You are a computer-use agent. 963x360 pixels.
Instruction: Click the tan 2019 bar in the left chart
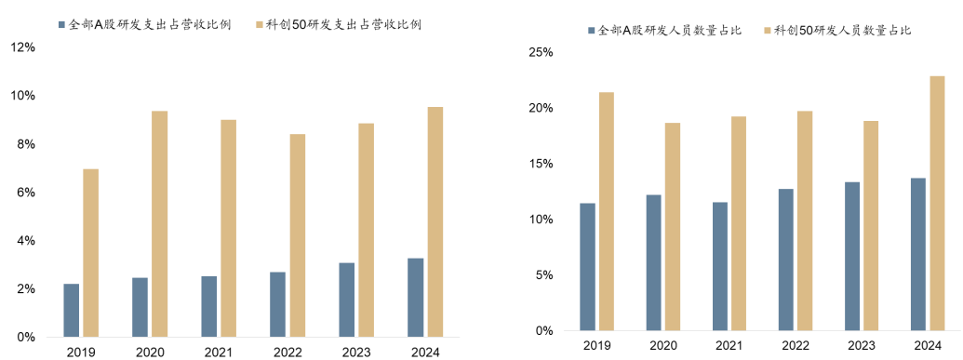tap(91, 253)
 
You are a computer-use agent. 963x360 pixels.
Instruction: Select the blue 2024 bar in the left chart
tap(416, 298)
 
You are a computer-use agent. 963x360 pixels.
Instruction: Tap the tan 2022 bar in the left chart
tap(297, 236)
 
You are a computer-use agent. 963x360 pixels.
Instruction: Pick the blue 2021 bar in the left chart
tap(208, 307)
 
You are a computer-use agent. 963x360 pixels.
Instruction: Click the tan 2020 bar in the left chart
tap(160, 224)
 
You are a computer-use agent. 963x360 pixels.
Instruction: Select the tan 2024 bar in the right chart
tap(937, 204)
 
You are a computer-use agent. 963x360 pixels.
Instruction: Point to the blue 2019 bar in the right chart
tap(587, 267)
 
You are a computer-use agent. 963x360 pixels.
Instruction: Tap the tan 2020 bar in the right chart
tap(673, 227)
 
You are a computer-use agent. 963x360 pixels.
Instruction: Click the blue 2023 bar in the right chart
tap(852, 257)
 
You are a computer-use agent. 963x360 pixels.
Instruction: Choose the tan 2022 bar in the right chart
tap(805, 221)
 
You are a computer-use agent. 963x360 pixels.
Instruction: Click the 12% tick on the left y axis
tap(22, 47)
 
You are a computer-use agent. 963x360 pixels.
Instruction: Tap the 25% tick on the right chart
tap(541, 53)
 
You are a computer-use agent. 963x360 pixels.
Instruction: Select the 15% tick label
tap(541, 164)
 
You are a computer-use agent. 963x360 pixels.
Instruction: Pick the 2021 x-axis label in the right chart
tap(729, 347)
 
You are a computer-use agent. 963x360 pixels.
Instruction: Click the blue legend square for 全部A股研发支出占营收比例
tap(60, 24)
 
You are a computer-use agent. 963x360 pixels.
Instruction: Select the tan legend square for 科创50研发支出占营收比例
tap(258, 24)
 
